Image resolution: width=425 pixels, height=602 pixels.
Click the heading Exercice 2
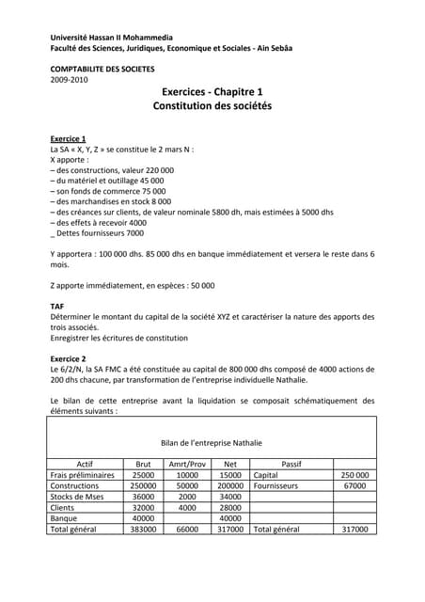(68, 359)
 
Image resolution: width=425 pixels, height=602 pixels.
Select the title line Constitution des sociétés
(212, 107)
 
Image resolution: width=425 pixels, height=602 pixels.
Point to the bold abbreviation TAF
(56, 307)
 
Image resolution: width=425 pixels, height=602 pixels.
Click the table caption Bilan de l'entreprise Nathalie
(212, 442)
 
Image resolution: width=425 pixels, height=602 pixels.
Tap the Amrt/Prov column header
(187, 464)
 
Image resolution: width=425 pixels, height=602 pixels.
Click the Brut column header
(143, 464)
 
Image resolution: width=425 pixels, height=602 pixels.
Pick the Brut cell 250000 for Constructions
(143, 486)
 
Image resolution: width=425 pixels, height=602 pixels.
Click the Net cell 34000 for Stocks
(230, 497)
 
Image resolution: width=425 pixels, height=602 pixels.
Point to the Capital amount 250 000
(354, 476)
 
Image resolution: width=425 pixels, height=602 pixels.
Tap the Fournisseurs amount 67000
(354, 486)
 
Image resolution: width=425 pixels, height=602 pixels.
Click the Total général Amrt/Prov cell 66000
(187, 530)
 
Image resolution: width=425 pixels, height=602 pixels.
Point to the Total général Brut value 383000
(143, 530)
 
